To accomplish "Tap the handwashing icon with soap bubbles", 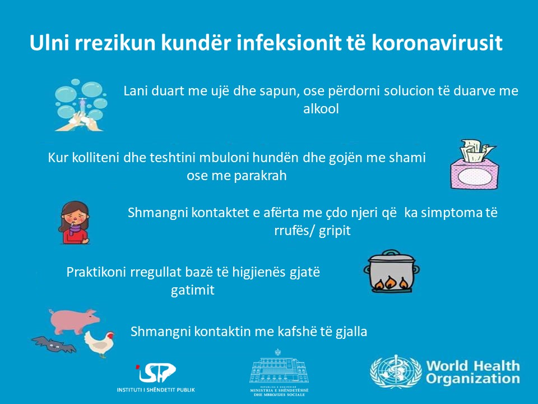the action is click(x=81, y=105).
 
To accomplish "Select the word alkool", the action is click(x=321, y=109).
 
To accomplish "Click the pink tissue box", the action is click(x=475, y=164).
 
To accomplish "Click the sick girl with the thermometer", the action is click(x=75, y=223).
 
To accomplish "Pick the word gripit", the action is click(x=335, y=231).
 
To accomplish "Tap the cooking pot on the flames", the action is click(x=392, y=272).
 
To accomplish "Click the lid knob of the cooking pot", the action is click(x=389, y=252).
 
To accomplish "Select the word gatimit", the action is click(x=192, y=290).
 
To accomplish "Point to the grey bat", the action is click(x=54, y=344).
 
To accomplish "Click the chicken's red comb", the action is click(x=110, y=333).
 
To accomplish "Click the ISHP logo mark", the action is click(x=156, y=373).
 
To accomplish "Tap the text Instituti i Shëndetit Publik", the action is click(x=156, y=389).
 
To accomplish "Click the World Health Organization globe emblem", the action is click(x=396, y=371).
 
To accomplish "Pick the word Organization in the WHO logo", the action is click(x=473, y=379).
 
